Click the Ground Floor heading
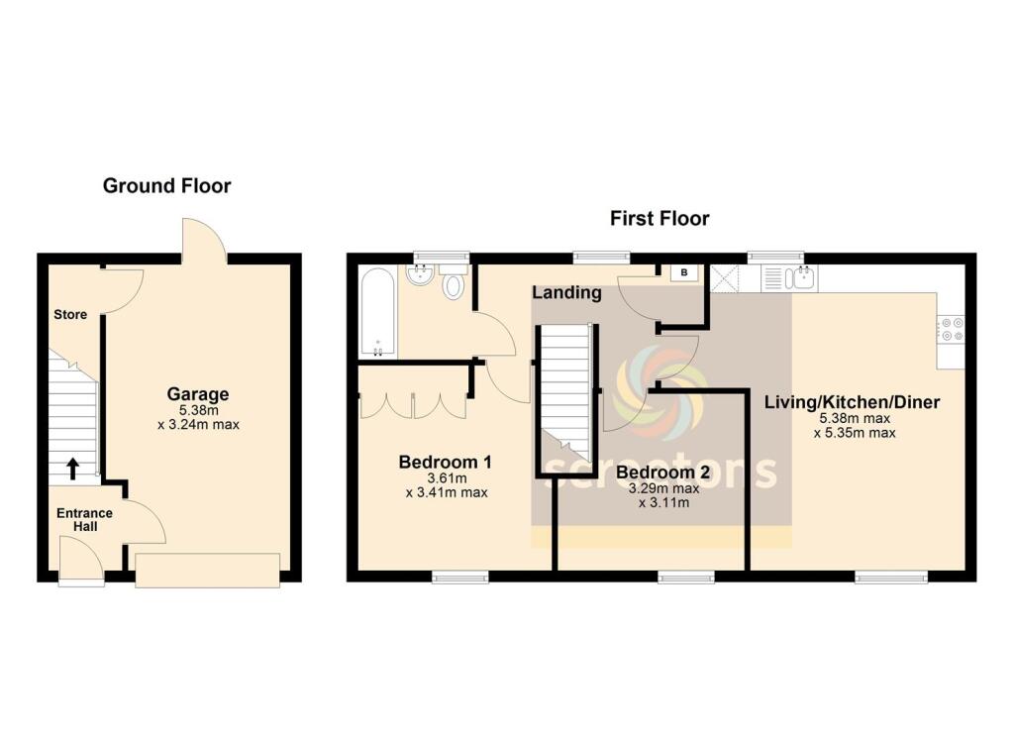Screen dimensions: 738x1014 pyautogui.click(x=166, y=185)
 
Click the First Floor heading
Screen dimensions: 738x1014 pyautogui.click(x=659, y=218)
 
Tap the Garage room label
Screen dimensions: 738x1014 pyautogui.click(x=197, y=394)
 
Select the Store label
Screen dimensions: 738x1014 pyautogui.click(x=70, y=315)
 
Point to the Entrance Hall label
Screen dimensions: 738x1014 pyautogui.click(x=84, y=520)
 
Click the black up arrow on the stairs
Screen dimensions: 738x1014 pyautogui.click(x=73, y=465)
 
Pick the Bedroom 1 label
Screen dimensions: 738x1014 pyautogui.click(x=445, y=462)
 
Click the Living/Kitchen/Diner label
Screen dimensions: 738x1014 pyautogui.click(x=852, y=402)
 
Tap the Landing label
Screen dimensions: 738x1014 pyautogui.click(x=566, y=293)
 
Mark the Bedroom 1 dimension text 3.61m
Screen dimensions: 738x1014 pyautogui.click(x=445, y=477)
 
